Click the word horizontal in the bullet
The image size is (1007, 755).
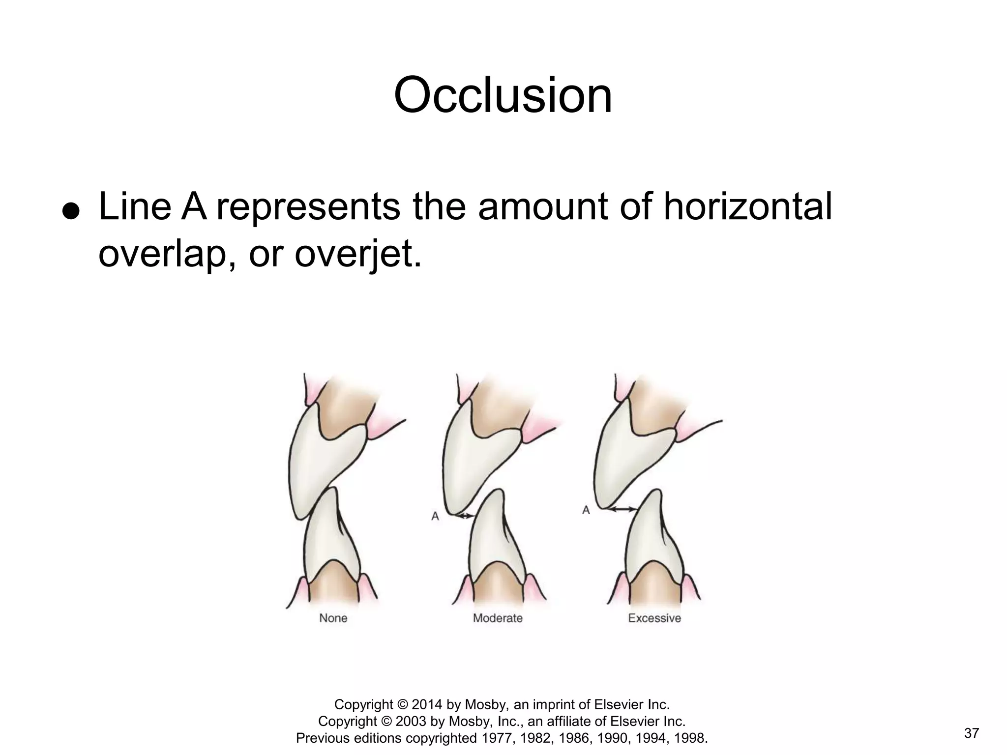747,206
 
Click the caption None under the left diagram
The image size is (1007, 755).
333,618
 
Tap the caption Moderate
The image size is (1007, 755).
498,618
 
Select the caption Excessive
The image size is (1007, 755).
654,618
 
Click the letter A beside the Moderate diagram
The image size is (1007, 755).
435,516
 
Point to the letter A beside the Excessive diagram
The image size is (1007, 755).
586,510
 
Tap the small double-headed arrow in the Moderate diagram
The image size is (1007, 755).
465,516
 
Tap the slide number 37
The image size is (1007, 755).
971,733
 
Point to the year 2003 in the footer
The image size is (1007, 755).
411,721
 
